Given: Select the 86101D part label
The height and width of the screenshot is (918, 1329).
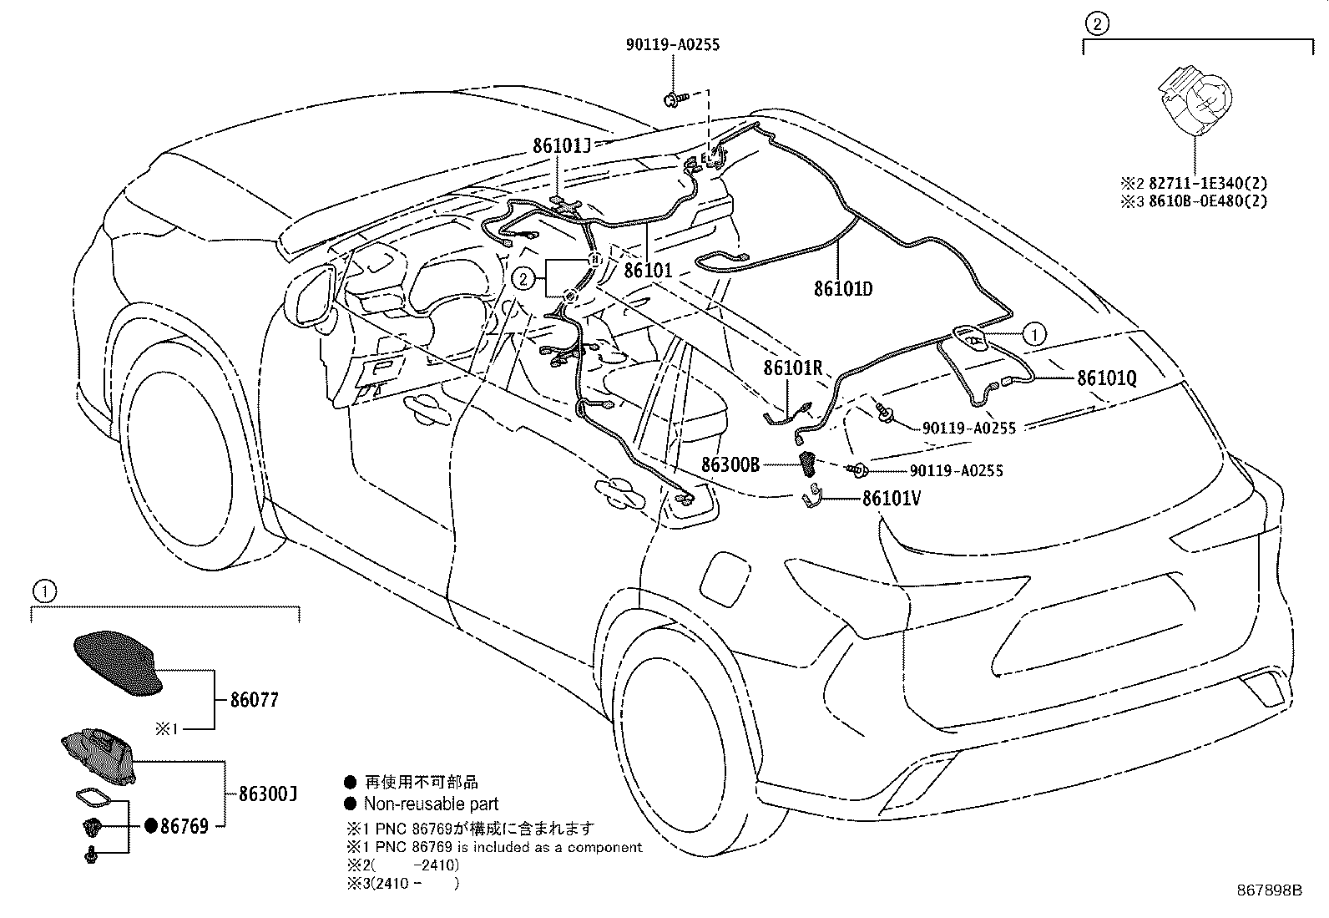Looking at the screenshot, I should pyautogui.click(x=843, y=289).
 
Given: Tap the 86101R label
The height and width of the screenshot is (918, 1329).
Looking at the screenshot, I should pyautogui.click(x=792, y=368).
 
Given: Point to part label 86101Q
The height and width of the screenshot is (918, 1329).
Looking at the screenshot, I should pyautogui.click(x=1107, y=378).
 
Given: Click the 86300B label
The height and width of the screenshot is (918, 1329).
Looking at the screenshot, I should pyautogui.click(x=730, y=465).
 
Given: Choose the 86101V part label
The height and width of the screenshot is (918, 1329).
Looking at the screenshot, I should pyautogui.click(x=892, y=499).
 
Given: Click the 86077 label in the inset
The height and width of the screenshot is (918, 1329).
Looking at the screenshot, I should pyautogui.click(x=255, y=700).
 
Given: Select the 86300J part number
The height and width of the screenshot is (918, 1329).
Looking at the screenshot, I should pyautogui.click(x=268, y=794).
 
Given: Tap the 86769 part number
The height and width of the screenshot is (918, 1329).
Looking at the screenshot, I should pyautogui.click(x=184, y=826).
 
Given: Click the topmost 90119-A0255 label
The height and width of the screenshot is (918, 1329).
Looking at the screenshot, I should pyautogui.click(x=672, y=45).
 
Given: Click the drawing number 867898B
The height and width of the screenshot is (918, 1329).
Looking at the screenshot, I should pyautogui.click(x=1269, y=890).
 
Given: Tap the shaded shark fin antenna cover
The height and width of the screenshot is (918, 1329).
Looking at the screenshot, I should pyautogui.click(x=117, y=662).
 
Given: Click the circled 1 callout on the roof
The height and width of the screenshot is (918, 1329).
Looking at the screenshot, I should pyautogui.click(x=1033, y=335).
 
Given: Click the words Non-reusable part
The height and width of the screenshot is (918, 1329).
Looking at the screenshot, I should pyautogui.click(x=431, y=804).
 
